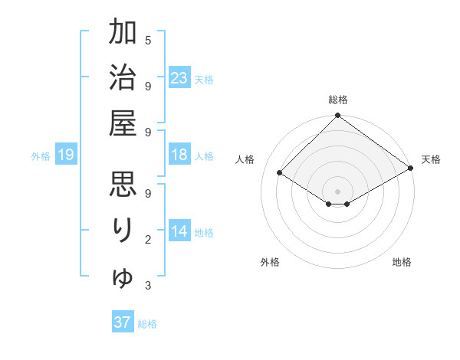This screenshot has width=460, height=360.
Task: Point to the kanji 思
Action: pyautogui.click(x=123, y=186)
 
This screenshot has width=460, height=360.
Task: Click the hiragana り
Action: pyautogui.click(x=123, y=231)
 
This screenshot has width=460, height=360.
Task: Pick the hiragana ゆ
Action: pyautogui.click(x=123, y=277)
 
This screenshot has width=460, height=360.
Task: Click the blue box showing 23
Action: pyautogui.click(x=179, y=77)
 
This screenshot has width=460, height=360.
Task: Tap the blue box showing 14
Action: pyautogui.click(x=179, y=231)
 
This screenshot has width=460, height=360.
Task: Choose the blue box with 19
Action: pyautogui.click(x=66, y=155)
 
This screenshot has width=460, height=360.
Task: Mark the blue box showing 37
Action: pyautogui.click(x=123, y=322)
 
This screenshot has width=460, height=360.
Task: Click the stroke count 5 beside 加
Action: pyautogui.click(x=148, y=41)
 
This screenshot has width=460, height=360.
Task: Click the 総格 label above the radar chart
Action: pyautogui.click(x=338, y=100)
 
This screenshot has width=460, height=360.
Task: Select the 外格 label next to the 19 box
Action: pyautogui.click(x=41, y=156)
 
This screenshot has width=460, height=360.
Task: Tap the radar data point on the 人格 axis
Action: pyautogui.click(x=280, y=173)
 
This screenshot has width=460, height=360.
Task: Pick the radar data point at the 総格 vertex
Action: pyautogui.click(x=338, y=117)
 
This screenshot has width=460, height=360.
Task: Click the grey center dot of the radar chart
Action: pyautogui.click(x=338, y=190)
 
